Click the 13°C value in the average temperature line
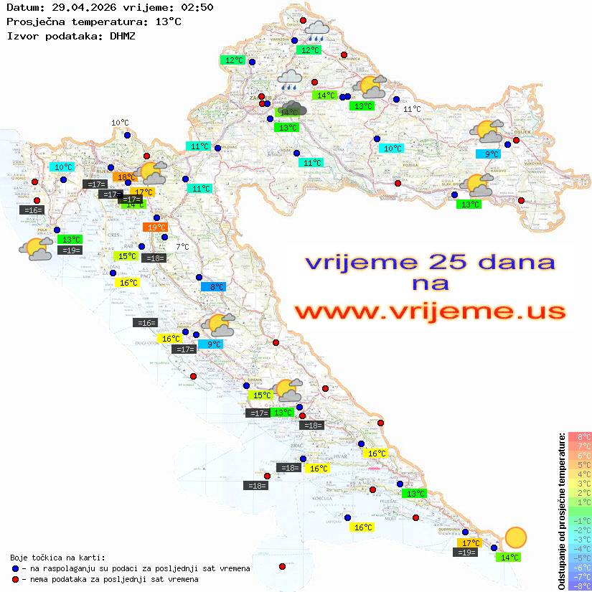click(168, 21)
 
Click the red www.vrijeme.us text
click(429, 312)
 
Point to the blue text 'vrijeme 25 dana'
click(429, 262)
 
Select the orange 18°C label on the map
click(126, 177)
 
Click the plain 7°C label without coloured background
click(182, 247)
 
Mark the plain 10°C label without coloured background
click(119, 123)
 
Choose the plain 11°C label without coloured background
click(412, 109)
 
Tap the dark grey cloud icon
click(294, 110)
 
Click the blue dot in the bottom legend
click(16, 568)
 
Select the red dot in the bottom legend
click(16, 579)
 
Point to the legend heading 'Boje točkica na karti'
click(57, 558)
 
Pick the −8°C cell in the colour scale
click(580, 586)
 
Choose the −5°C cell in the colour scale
click(580, 558)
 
